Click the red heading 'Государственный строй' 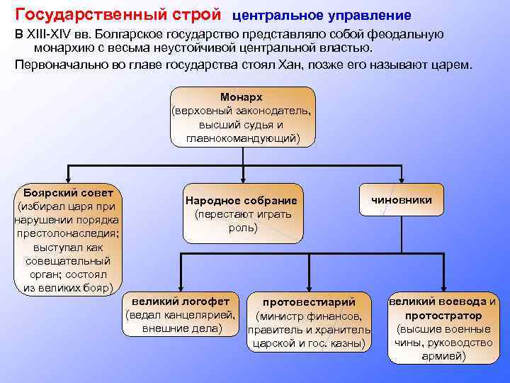[118, 14]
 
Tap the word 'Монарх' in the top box [242, 96]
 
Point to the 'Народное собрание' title [241, 201]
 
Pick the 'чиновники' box [402, 200]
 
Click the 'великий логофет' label [181, 301]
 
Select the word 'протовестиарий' [309, 303]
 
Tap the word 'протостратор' [443, 315]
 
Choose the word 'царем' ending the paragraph [453, 64]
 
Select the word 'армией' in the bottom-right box [443, 356]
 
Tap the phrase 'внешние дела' [181, 328]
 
